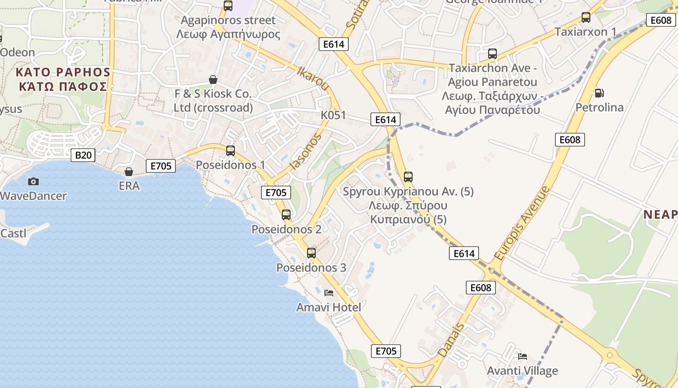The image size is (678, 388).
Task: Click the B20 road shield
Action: tap(83, 155)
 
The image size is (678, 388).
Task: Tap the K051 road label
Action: tap(334, 115)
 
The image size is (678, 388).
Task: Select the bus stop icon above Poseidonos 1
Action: tap(231, 151)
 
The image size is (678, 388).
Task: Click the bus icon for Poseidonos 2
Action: tap(286, 214)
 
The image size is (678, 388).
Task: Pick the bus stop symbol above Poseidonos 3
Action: tap(311, 253)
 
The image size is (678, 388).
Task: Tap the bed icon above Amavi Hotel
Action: tap(329, 292)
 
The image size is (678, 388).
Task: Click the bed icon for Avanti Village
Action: tap(523, 356)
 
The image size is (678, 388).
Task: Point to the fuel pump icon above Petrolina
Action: tap(599, 93)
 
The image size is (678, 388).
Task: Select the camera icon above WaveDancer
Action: tap(33, 181)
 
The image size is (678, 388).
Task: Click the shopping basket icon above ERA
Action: tap(129, 171)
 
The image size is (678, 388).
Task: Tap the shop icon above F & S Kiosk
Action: tap(213, 79)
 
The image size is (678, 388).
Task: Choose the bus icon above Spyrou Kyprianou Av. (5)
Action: tap(408, 177)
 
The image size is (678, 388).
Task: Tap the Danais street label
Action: tap(450, 340)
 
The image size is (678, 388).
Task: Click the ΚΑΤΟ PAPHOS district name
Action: tap(63, 72)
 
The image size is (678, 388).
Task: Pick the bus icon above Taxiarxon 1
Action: tap(586, 17)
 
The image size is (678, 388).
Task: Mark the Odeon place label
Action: tap(18, 52)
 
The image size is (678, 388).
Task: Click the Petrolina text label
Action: tap(600, 107)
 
